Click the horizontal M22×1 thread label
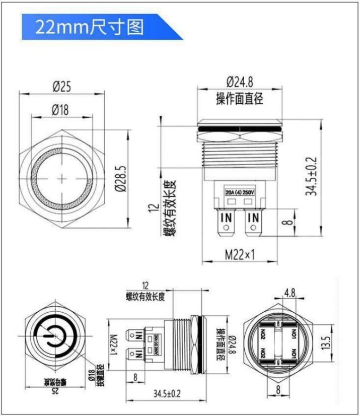pos(239,255)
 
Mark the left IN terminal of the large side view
pos(226,218)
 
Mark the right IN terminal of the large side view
pos(254,218)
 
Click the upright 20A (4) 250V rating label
pos(240,192)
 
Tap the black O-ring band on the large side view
pos(240,129)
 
